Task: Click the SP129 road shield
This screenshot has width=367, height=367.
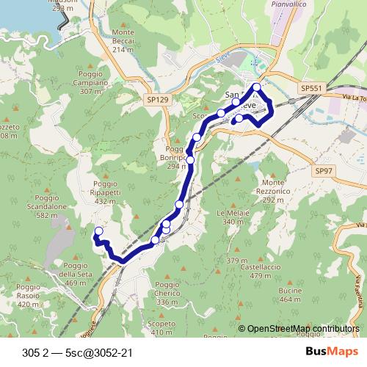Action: coord(157,99)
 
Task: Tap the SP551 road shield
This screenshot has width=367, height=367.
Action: coord(310,88)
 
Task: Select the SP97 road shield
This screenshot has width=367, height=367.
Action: coord(324,170)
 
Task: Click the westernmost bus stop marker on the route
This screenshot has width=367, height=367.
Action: coord(98,232)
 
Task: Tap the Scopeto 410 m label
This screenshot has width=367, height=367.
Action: coord(161,327)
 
